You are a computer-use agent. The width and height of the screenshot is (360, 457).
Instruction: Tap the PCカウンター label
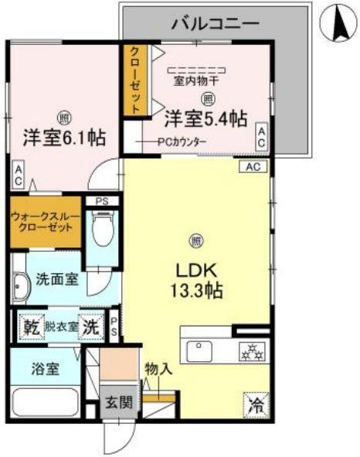point(182,142)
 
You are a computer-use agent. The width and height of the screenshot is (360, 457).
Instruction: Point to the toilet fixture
point(101,228)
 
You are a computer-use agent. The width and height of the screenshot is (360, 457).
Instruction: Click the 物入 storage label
point(158,370)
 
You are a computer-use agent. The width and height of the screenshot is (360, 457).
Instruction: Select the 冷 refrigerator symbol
point(256,404)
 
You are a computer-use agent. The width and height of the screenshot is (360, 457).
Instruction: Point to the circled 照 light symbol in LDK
point(198,239)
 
